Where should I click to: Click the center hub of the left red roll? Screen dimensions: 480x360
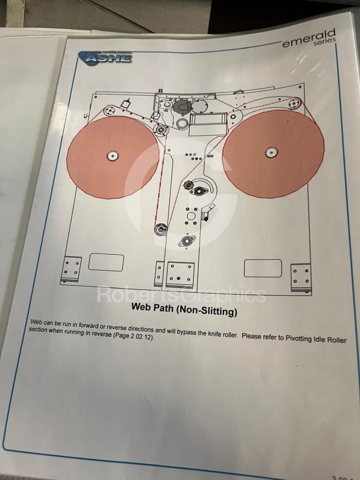[x=112, y=155]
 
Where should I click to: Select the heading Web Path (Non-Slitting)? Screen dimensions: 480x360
[x=184, y=310]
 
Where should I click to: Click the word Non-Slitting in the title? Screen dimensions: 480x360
[x=208, y=310]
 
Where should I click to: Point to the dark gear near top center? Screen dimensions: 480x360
[x=182, y=107]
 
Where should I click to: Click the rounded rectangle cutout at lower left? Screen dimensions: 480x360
[x=106, y=262]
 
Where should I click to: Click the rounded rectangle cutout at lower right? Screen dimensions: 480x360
[x=262, y=268]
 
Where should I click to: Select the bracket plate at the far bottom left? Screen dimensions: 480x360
[x=71, y=269]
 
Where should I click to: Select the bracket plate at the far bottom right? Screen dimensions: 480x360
[x=300, y=276]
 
